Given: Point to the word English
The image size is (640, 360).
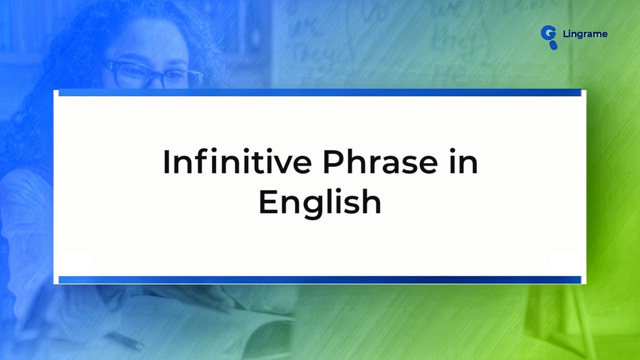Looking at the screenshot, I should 320,203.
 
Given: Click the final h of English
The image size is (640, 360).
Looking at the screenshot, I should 372,202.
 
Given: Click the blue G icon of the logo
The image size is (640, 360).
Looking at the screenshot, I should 548,33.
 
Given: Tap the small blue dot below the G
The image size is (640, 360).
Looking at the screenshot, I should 553,46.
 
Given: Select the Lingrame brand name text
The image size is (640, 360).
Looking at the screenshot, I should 585,34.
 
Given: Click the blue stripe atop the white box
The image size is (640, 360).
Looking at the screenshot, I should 320,93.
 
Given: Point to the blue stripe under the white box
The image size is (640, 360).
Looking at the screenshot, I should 320,279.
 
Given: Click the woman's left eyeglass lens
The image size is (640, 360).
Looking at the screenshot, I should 128,75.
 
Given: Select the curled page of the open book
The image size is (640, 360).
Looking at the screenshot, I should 267,320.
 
